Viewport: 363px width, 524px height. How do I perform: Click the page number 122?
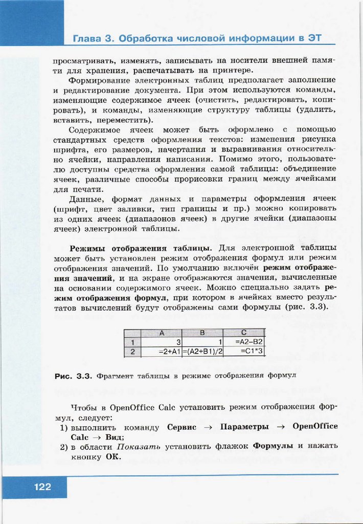point(42,487)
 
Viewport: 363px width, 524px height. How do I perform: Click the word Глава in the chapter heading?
point(88,38)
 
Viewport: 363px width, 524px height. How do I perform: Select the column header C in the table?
point(244,333)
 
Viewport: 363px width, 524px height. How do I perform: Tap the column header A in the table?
point(162,333)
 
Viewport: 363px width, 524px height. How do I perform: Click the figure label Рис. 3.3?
point(73,376)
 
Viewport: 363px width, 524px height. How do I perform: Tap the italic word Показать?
point(139,446)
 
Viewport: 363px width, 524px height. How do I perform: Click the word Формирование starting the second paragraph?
point(97,80)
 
